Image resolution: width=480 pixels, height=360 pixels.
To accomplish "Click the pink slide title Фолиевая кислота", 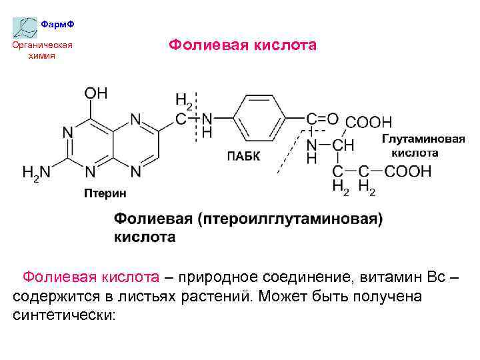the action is point(242,45).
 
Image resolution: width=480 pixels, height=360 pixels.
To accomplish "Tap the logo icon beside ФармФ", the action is point(25,27).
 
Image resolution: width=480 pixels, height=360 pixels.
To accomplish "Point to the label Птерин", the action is point(103,193).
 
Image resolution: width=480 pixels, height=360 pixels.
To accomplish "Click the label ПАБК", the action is point(243,156).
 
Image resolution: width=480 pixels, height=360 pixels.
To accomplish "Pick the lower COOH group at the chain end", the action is point(407,172).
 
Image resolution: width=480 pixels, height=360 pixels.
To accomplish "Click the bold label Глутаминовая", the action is point(423,139).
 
